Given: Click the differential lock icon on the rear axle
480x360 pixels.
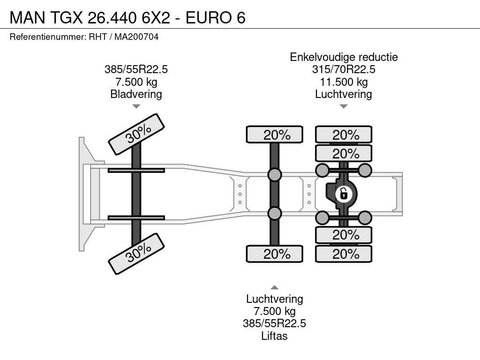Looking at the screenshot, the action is point(344,194).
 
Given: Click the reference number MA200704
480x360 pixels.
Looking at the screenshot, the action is point(136,37).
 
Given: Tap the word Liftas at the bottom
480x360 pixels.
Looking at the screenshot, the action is point(274,336).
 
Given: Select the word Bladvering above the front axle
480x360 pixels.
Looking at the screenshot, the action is point(136,94).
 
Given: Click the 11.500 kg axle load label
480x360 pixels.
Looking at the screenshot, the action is point(344,82).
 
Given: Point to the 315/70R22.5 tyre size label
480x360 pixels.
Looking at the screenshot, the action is point(344,69).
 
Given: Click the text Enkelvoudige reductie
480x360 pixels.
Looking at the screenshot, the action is point(344,57).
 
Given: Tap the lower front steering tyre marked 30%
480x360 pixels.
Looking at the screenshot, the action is point(136,254).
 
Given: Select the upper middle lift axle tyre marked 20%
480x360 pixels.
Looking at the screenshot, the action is point(275,135).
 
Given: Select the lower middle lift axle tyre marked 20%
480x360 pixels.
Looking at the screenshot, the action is point(275,254).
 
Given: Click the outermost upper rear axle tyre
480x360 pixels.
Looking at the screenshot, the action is point(344,135).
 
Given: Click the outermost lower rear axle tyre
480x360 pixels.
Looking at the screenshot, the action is point(344,254).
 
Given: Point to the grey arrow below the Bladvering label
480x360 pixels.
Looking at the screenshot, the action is point(136,106).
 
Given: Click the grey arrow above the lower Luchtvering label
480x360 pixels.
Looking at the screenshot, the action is point(275,287).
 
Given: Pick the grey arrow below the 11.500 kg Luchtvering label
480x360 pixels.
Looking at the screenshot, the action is point(344,106).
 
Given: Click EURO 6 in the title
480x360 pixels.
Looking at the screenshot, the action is point(216,17).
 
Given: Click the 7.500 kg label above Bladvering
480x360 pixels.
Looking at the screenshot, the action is point(136,82).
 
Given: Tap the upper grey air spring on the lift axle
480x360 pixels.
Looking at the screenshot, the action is point(275,175).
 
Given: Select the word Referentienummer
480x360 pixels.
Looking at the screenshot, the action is point(48,37).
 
